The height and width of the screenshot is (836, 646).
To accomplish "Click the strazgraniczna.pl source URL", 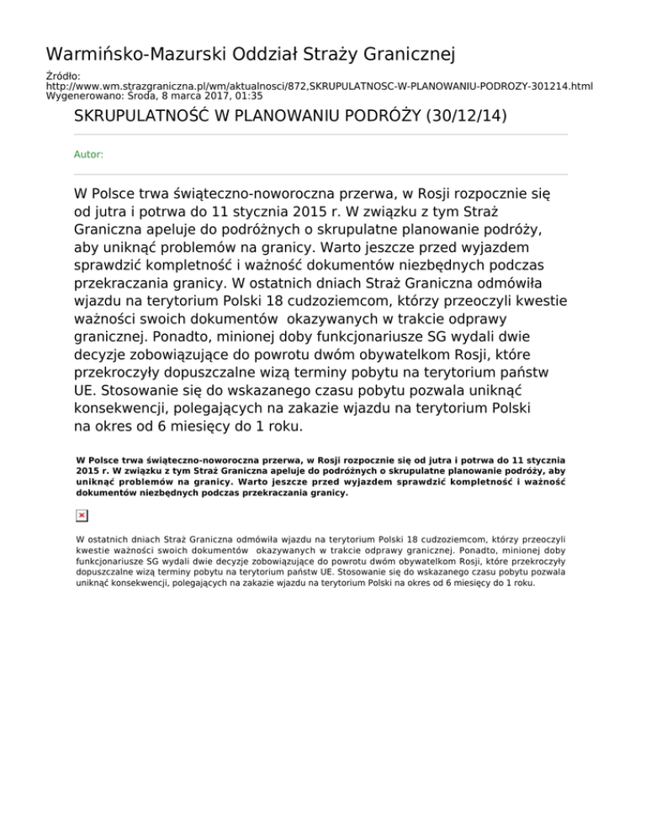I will pyautogui.click(x=319, y=87).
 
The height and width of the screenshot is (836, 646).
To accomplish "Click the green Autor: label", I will pyautogui.click(x=89, y=155).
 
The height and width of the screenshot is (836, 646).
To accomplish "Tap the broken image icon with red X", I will pyautogui.click(x=82, y=515).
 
